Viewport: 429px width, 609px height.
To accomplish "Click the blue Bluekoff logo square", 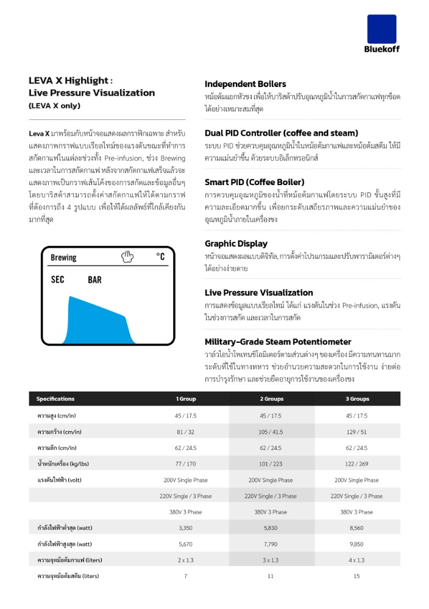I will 381,29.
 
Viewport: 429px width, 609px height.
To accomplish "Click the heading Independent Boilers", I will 245,84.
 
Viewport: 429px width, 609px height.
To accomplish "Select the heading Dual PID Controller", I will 281,133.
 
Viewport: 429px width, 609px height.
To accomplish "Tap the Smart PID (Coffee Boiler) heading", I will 254,182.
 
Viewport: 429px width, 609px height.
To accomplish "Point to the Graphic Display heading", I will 236,244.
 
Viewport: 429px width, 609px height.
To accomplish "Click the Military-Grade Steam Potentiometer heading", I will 278,342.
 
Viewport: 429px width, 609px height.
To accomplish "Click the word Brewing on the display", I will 63,258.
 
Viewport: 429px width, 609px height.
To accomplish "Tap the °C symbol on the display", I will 160,257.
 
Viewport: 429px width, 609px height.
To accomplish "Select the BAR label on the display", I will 94,280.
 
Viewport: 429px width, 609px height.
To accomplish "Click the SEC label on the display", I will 58,280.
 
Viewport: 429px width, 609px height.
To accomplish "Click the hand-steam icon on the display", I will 127,256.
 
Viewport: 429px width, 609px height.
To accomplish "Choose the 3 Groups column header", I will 357,399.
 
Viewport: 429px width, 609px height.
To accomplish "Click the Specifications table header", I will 55,399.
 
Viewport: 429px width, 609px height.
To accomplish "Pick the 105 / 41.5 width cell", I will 271,432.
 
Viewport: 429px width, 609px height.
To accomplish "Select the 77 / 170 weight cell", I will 186,464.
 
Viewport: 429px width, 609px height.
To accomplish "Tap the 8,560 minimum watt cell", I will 357,528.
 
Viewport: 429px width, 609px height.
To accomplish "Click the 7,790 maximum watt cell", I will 271,544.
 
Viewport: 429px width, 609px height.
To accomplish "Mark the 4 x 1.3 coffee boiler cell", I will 357,560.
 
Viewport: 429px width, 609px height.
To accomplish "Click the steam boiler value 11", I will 271,576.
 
